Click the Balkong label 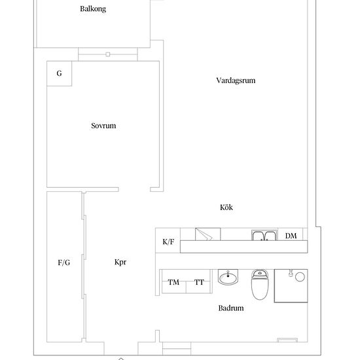(x=93, y=9)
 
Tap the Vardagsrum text (x=236, y=81)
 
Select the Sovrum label (x=103, y=126)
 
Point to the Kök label (x=226, y=207)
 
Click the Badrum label (x=231, y=308)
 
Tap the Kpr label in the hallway (x=120, y=262)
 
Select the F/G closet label (x=64, y=262)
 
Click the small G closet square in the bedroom (x=59, y=73)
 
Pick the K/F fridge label (x=168, y=242)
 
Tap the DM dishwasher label (x=291, y=236)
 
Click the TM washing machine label (x=173, y=282)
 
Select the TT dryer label (x=199, y=282)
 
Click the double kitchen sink (x=264, y=235)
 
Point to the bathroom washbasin (x=228, y=277)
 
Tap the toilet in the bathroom (x=260, y=285)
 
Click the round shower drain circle (x=300, y=277)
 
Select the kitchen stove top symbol (x=207, y=234)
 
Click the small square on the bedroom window (x=108, y=54)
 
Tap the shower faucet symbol (x=291, y=273)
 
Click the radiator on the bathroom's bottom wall (x=287, y=340)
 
